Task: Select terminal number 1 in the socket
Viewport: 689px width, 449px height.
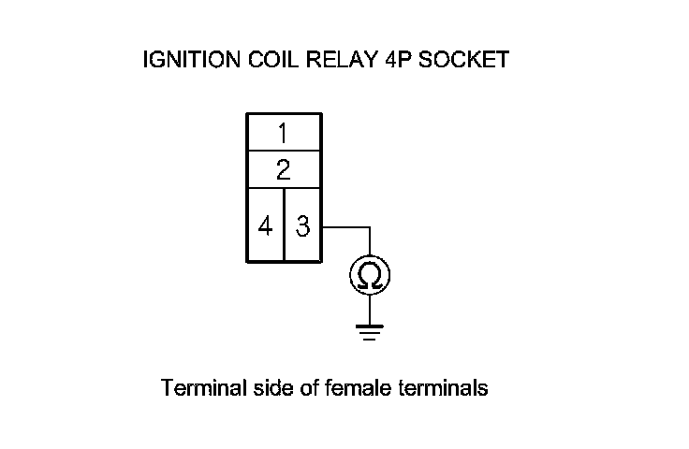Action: pos(284,132)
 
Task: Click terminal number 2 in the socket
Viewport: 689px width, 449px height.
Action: pos(284,169)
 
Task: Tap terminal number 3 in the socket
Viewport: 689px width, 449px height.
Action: pos(302,225)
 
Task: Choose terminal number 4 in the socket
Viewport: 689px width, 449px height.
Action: pos(266,225)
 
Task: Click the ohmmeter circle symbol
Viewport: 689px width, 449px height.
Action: pos(369,274)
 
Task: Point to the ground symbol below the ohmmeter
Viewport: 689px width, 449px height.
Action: pos(369,331)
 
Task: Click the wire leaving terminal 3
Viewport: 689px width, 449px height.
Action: pos(346,226)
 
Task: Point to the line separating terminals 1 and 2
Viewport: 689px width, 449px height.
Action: pos(284,150)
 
